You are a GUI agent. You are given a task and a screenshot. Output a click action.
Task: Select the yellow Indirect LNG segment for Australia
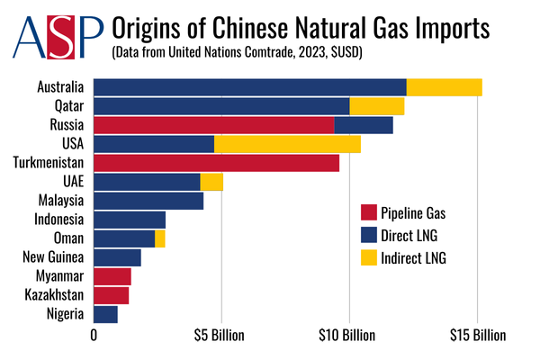click(x=444, y=87)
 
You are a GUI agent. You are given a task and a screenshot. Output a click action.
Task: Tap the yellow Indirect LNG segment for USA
click(x=287, y=144)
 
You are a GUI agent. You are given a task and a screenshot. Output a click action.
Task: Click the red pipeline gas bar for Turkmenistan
click(x=216, y=163)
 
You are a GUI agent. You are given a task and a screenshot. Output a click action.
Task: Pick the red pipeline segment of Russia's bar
click(x=213, y=125)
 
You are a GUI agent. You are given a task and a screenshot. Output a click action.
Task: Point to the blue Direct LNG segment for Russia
click(x=364, y=125)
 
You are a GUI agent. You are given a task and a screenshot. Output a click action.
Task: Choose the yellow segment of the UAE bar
click(x=211, y=182)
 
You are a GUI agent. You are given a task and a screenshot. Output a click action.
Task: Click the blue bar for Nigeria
click(x=105, y=314)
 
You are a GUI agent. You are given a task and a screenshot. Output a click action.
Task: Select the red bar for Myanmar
click(x=112, y=276)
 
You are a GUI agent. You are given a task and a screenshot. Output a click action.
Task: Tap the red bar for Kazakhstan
click(x=111, y=295)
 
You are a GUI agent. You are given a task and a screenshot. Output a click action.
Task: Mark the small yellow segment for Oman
click(x=160, y=238)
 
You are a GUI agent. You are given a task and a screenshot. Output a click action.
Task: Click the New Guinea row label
click(x=54, y=257)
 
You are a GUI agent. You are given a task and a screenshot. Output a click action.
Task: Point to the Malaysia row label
click(x=61, y=201)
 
